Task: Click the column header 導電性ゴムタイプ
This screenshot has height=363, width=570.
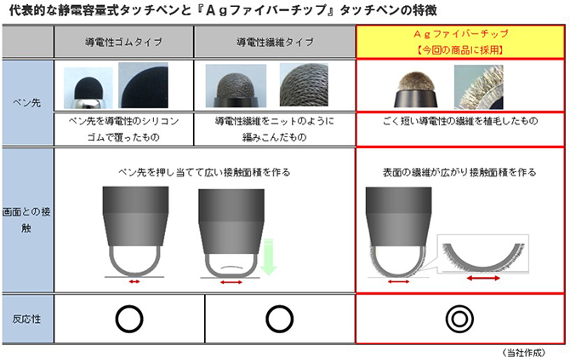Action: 123,43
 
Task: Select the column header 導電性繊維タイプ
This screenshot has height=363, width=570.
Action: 275,43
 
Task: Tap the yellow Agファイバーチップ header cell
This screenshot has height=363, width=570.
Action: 460,42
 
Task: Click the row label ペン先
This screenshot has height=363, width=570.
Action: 27,102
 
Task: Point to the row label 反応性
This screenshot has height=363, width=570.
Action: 26,320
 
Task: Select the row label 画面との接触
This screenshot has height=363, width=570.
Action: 26,220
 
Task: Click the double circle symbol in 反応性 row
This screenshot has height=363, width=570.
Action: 459,320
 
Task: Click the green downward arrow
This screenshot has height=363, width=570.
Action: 268,256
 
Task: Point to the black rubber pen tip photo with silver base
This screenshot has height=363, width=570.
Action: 88,88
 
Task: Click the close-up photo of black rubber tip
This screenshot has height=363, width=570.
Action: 143,85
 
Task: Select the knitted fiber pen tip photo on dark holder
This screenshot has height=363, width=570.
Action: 236,86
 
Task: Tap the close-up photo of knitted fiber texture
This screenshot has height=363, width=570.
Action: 304,84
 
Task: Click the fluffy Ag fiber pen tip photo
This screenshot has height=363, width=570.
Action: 416,89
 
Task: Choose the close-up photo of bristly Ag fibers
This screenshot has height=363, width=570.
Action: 479,87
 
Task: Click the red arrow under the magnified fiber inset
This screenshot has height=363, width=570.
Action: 483,279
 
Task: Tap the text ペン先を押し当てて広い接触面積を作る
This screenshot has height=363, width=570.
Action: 204,172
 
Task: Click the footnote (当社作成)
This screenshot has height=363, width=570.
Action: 524,353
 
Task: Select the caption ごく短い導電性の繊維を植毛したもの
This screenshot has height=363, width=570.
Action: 460,121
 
